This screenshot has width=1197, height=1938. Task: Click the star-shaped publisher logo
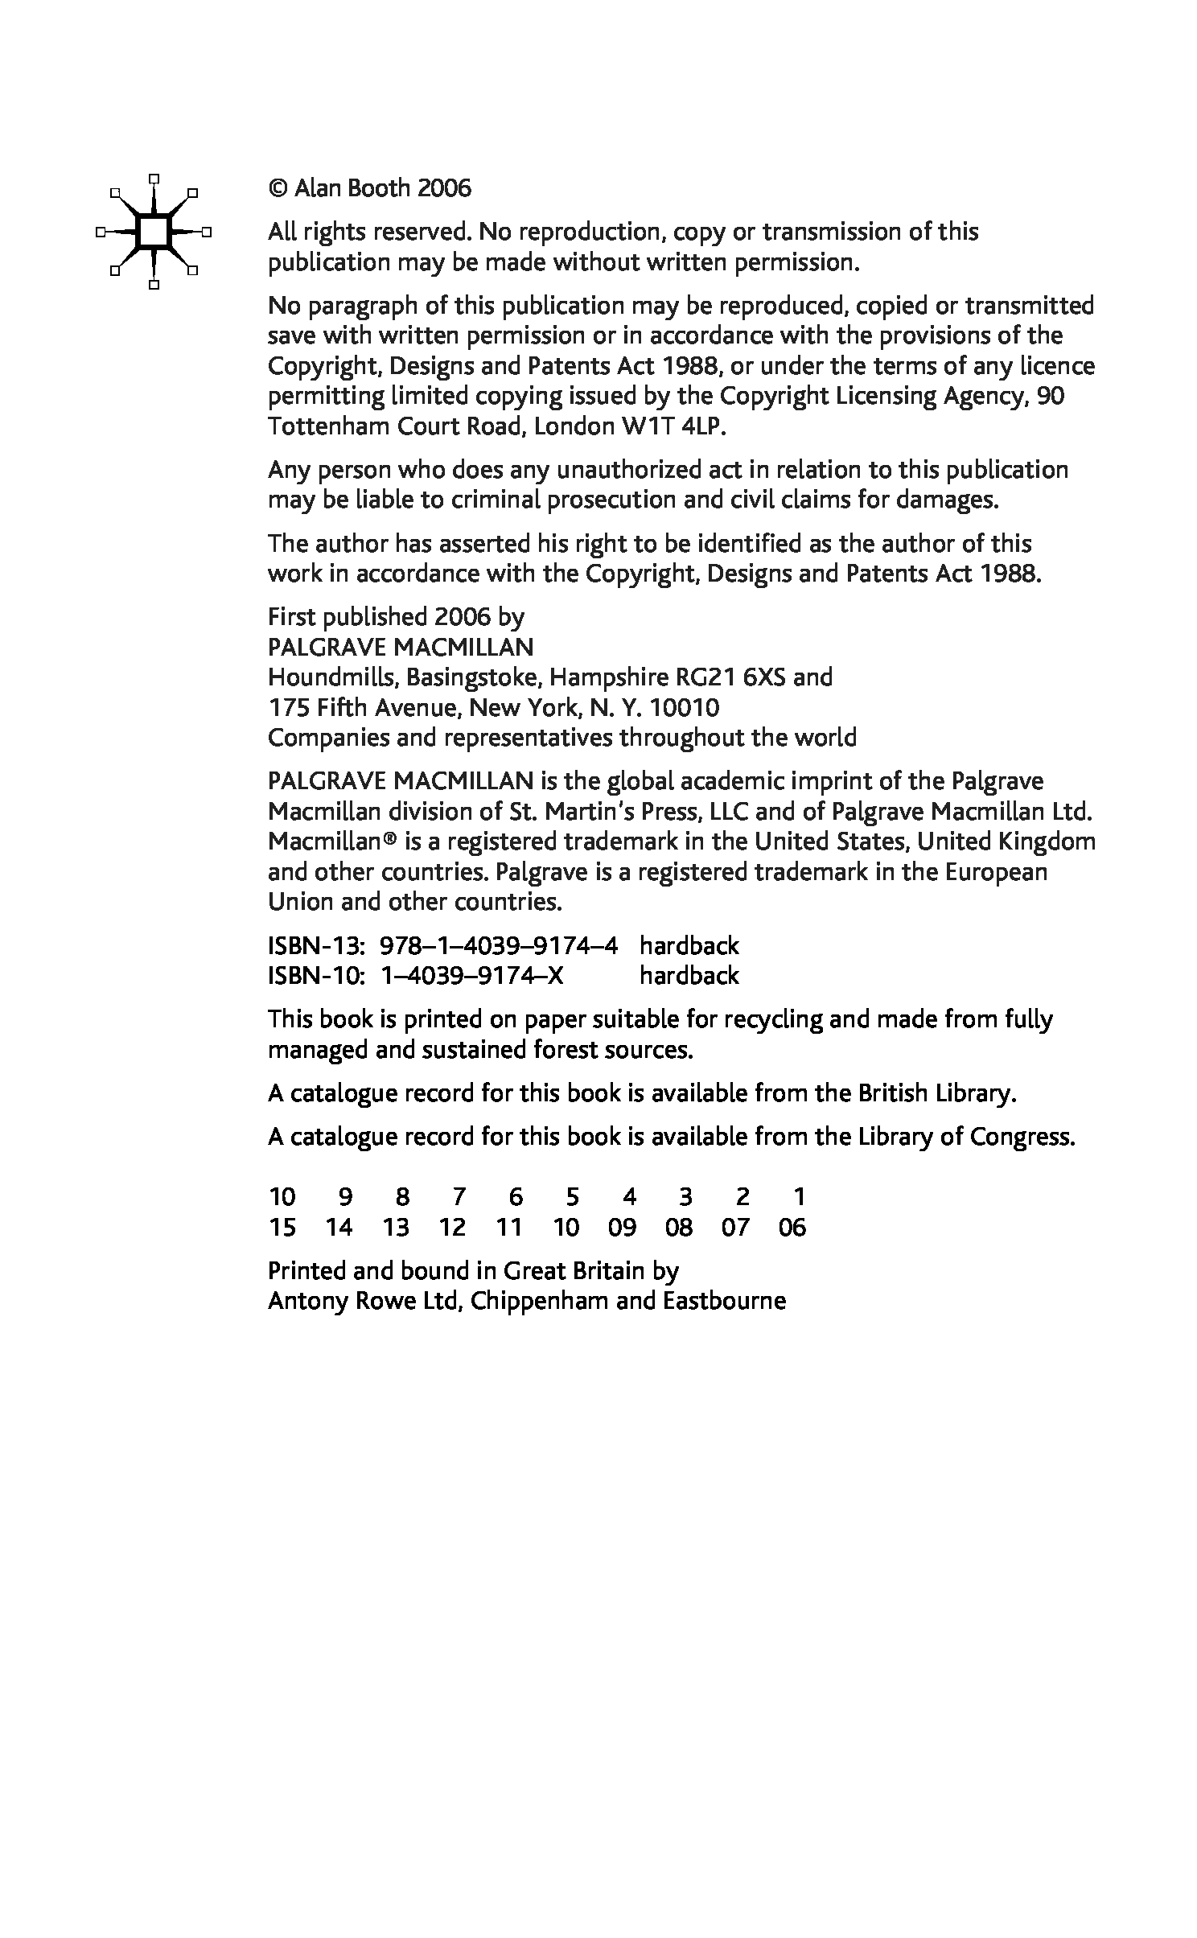point(153,232)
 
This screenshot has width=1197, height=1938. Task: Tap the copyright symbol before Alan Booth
point(278,189)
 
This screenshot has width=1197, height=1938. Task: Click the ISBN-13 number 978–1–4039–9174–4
point(499,946)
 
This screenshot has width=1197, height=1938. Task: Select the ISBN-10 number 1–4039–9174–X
point(471,976)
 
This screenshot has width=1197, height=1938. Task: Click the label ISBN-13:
point(317,946)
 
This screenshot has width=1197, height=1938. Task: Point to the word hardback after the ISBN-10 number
point(689,976)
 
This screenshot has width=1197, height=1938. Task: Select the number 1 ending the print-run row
point(799,1198)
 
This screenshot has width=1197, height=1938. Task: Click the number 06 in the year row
point(792,1228)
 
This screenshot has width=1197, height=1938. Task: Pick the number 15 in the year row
point(282,1228)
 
